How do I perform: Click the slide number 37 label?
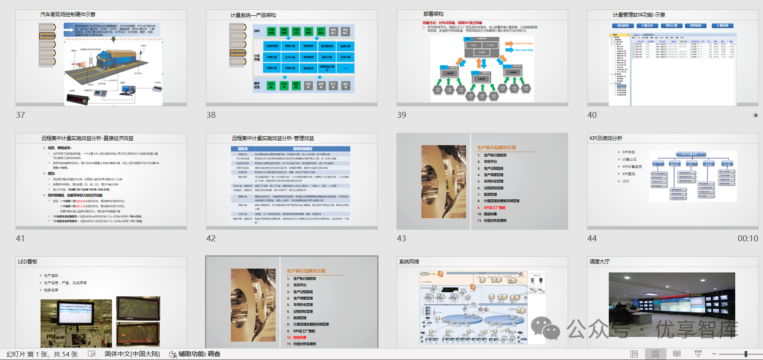(x=21, y=115)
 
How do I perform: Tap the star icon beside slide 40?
(x=755, y=115)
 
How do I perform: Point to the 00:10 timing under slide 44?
(x=748, y=238)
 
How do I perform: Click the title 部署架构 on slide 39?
(x=433, y=14)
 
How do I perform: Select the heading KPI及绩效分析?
(x=606, y=138)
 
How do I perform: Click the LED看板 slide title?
(x=28, y=261)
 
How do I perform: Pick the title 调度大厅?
(x=599, y=261)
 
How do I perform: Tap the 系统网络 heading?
(x=409, y=261)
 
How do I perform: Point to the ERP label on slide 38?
(x=257, y=31)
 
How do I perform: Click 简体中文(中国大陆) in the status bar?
(x=132, y=354)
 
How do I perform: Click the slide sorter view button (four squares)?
(x=655, y=354)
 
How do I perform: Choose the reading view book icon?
(x=677, y=354)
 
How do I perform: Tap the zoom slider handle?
(x=745, y=354)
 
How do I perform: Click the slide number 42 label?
(x=211, y=238)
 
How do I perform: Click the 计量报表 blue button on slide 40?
(x=722, y=26)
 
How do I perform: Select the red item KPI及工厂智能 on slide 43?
(x=494, y=208)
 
